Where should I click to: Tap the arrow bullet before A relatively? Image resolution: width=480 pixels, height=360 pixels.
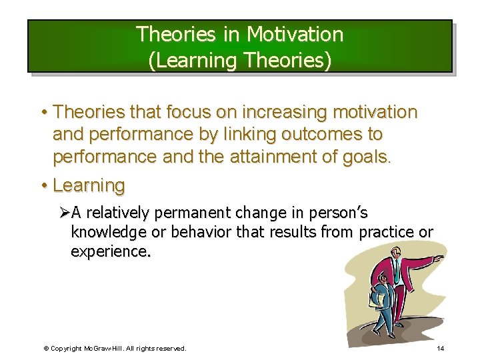pos(63,213)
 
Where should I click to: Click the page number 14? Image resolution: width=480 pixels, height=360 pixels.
pos(440,348)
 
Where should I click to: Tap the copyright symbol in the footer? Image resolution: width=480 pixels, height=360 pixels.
pos(46,348)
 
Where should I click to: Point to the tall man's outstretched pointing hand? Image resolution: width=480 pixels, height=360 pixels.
pos(438,257)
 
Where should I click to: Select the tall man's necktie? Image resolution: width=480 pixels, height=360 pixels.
pos(396,273)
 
